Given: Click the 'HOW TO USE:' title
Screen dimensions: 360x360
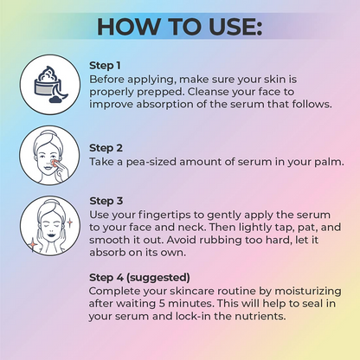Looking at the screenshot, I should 180,27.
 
